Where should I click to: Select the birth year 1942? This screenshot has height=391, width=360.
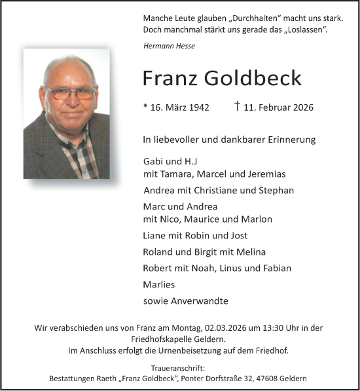(x=197, y=107)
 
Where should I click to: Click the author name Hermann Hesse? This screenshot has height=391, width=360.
(x=169, y=45)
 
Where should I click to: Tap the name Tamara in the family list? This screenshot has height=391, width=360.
(x=178, y=174)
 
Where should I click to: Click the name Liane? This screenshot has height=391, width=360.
(x=155, y=236)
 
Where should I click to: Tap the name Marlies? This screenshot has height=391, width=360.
(x=159, y=285)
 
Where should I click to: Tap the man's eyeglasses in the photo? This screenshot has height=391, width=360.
(x=71, y=94)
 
